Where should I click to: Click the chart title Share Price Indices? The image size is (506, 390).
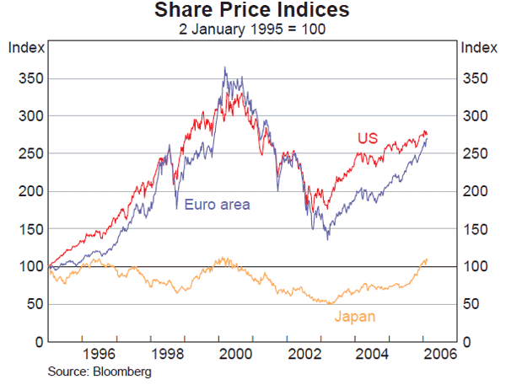(252, 12)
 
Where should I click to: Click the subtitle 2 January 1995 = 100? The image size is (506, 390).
(252, 29)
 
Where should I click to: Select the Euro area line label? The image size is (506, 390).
(218, 204)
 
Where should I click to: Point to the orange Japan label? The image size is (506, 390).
(355, 317)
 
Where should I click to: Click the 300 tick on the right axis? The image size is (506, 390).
(476, 116)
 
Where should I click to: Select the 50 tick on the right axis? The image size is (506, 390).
(472, 304)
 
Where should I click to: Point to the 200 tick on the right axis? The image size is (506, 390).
(476, 191)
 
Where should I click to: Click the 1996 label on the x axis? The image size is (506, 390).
(99, 355)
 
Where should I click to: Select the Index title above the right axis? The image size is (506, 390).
(478, 47)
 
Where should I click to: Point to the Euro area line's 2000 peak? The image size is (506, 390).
(224, 67)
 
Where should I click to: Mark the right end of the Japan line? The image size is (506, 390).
(427, 259)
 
